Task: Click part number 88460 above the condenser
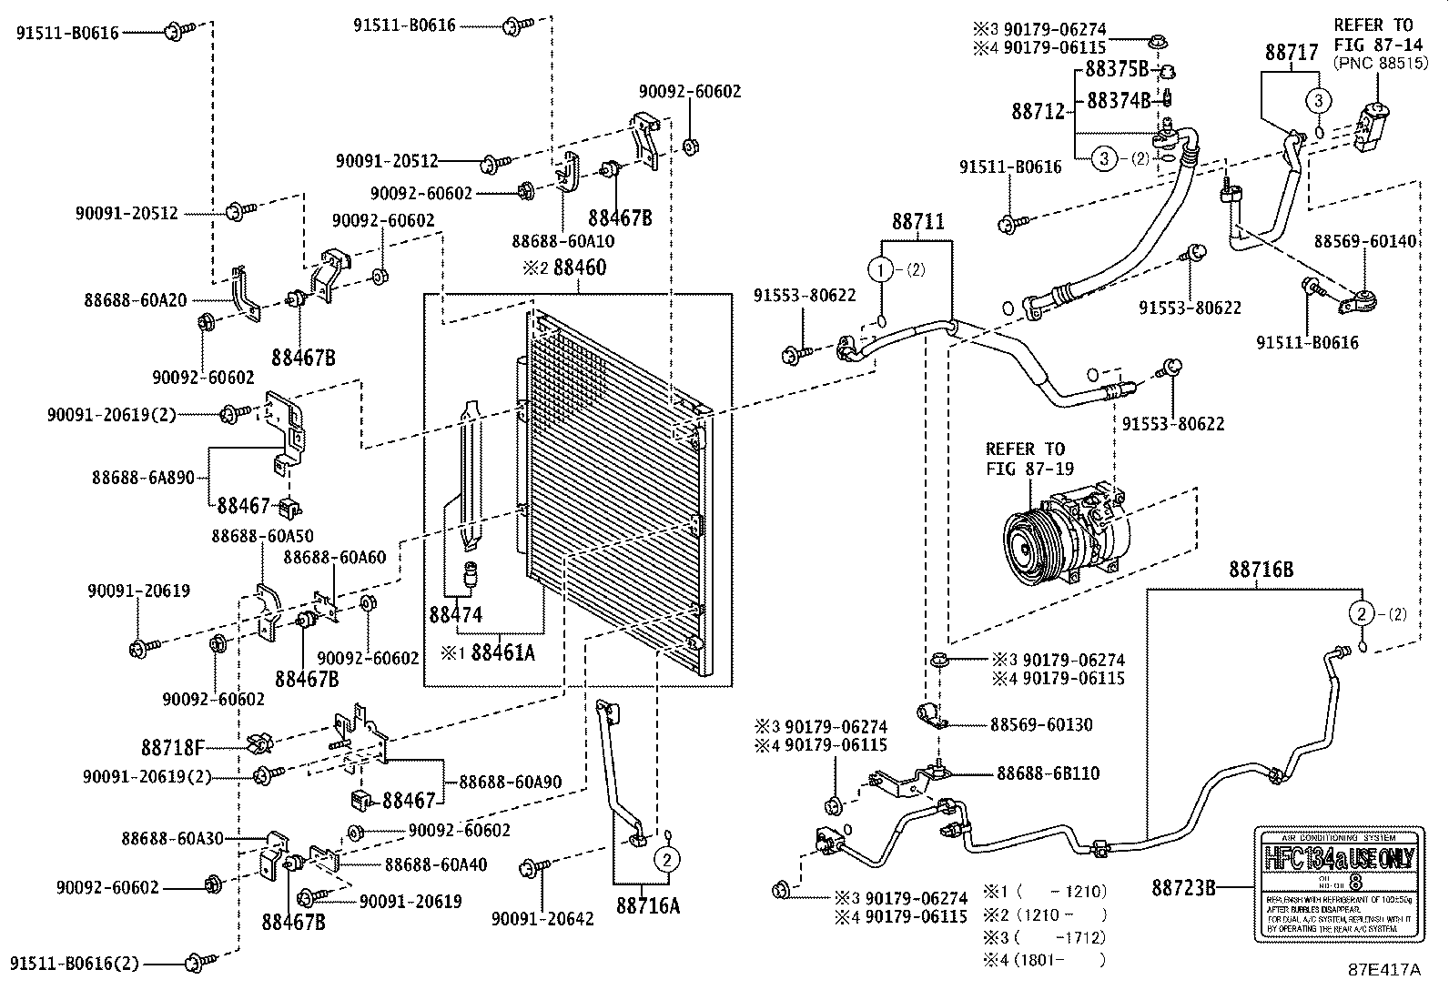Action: (x=574, y=268)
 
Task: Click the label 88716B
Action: (x=1261, y=570)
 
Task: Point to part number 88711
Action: (x=917, y=221)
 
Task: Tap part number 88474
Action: (x=456, y=616)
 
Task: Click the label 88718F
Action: (x=171, y=748)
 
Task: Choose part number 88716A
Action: (x=648, y=905)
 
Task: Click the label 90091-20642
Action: (x=542, y=919)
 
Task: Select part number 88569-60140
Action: (x=1365, y=241)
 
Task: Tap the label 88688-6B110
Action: (x=1048, y=773)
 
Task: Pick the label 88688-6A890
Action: (x=143, y=477)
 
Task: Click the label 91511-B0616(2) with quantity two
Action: (x=76, y=963)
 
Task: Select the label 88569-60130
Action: (x=1041, y=725)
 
